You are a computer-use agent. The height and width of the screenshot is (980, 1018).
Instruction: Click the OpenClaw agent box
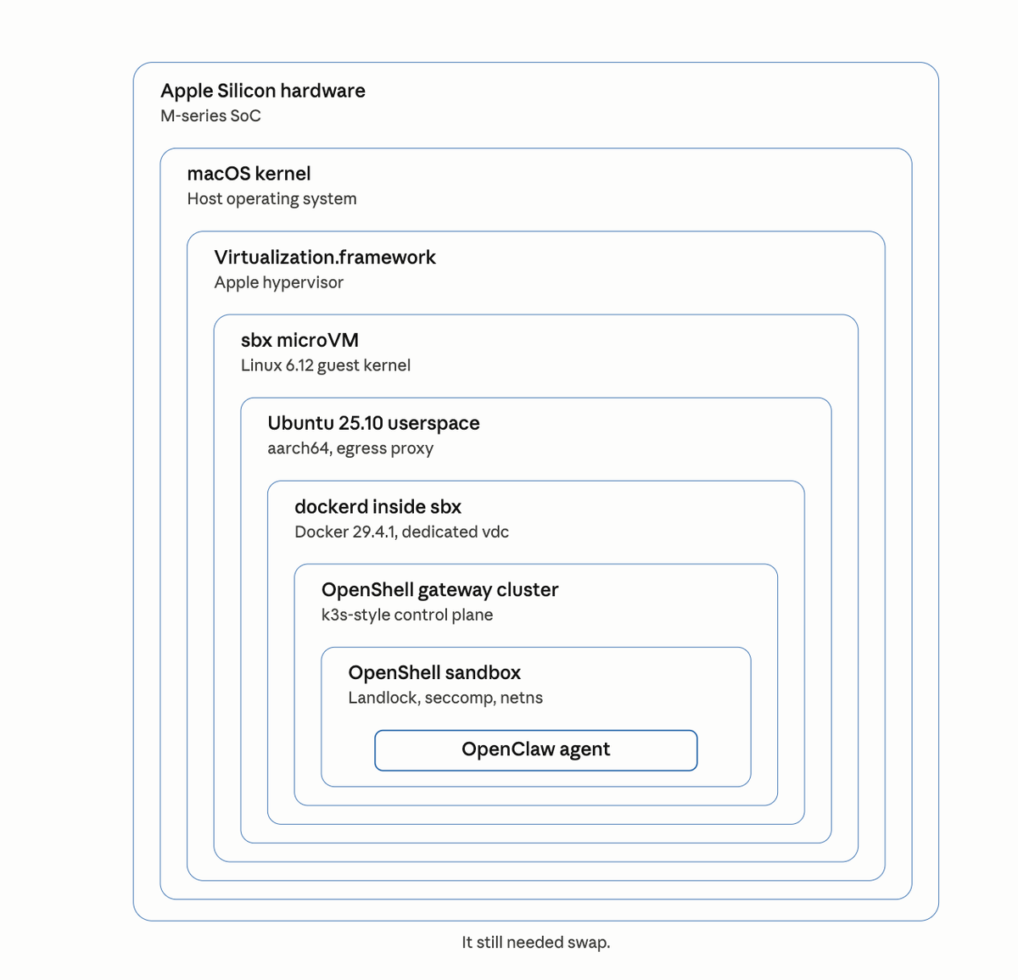pos(535,750)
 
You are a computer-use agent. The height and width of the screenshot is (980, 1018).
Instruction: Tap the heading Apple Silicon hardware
pos(263,91)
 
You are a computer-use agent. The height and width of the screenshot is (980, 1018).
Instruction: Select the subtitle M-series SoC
pos(210,116)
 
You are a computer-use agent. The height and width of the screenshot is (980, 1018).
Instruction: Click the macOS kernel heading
pos(249,174)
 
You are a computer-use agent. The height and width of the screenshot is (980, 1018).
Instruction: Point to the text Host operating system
pos(271,199)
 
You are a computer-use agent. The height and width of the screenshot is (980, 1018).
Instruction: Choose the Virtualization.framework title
pos(324,258)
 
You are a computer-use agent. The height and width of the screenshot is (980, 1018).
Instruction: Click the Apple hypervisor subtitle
pos(278,282)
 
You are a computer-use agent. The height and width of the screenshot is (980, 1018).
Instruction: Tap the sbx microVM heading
pos(299,341)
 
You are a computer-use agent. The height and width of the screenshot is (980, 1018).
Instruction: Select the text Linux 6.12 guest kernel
pos(325,365)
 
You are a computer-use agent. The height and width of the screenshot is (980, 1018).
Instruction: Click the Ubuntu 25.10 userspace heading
pos(373,424)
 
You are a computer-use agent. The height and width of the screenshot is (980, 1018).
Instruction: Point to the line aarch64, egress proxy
pos(350,448)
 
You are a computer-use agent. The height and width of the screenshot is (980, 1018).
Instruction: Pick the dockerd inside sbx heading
pos(378,507)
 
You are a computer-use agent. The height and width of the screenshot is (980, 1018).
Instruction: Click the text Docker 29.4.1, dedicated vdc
pos(401,532)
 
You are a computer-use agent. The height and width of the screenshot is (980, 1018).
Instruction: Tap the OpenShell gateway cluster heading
pos(439,590)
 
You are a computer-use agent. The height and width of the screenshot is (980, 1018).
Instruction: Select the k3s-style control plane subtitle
pos(406,615)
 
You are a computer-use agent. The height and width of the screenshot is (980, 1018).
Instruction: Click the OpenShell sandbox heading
pos(434,673)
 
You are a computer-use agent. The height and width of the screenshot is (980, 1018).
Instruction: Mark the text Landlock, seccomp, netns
pos(445,699)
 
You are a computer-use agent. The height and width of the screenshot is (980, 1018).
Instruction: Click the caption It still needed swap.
pos(535,942)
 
